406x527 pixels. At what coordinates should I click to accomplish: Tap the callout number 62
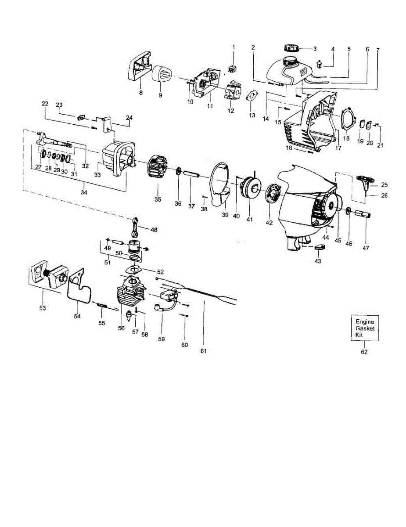coord(364,352)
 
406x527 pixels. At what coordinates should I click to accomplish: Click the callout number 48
coord(154,230)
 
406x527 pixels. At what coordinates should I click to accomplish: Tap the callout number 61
coord(203,351)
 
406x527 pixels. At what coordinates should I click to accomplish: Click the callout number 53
coord(43,308)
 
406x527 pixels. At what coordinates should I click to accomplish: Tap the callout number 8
coord(140,93)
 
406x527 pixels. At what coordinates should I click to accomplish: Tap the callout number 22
coord(45,104)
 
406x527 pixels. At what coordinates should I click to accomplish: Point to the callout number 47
coord(366,248)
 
